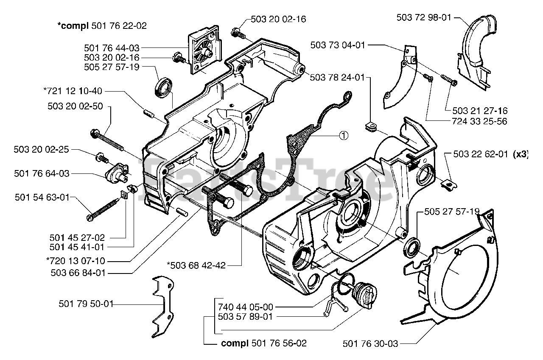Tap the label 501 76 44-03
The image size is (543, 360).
click(112, 49)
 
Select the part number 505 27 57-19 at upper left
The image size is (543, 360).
click(112, 67)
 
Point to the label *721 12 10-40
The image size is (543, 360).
click(73, 91)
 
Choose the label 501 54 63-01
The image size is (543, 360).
click(42, 197)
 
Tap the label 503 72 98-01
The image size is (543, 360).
click(424, 17)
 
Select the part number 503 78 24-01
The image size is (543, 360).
click(337, 77)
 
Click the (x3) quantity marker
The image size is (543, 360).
click(521, 154)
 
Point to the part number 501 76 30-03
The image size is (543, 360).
click(370, 344)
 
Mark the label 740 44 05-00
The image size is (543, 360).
click(246, 306)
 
